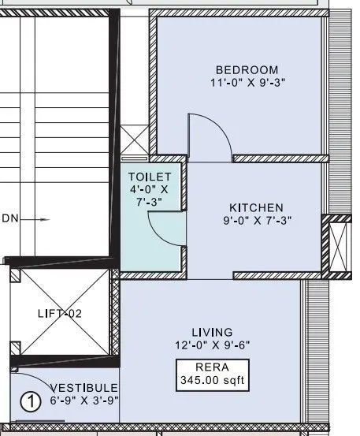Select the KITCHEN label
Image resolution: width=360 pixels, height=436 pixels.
point(253,207)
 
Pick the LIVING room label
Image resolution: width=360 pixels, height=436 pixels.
point(213,331)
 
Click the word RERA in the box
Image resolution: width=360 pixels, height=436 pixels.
point(212,367)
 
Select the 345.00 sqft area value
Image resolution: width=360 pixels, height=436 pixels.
point(212,381)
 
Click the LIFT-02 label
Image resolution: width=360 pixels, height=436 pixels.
point(60,313)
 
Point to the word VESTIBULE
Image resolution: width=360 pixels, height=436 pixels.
point(84,388)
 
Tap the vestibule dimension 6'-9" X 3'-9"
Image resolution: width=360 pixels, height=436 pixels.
point(84,401)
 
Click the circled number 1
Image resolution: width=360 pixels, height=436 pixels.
point(29,402)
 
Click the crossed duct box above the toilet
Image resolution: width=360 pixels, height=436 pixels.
point(135,143)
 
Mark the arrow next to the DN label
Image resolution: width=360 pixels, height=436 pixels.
point(39,219)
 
